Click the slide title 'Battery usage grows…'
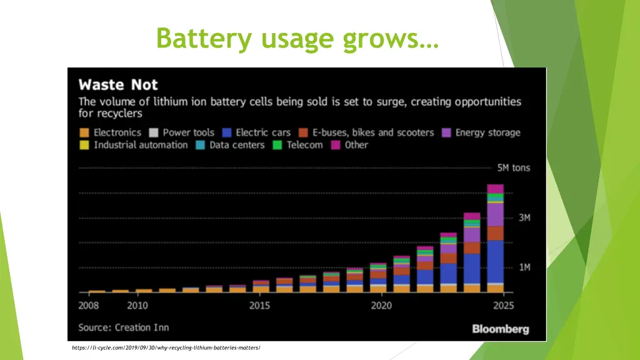pos(297,39)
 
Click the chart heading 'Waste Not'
pos(118,85)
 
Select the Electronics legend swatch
pos(84,132)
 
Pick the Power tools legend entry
pos(188,132)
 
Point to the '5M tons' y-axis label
pos(513,168)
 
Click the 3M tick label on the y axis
pos(524,217)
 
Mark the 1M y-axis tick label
pos(524,267)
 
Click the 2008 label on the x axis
pos(88,306)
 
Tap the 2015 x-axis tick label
pos(259,306)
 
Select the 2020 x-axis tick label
pos(381,306)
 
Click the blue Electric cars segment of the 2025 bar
pos(495,261)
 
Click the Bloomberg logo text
pos(500,329)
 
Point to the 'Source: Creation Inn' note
pos(124,327)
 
